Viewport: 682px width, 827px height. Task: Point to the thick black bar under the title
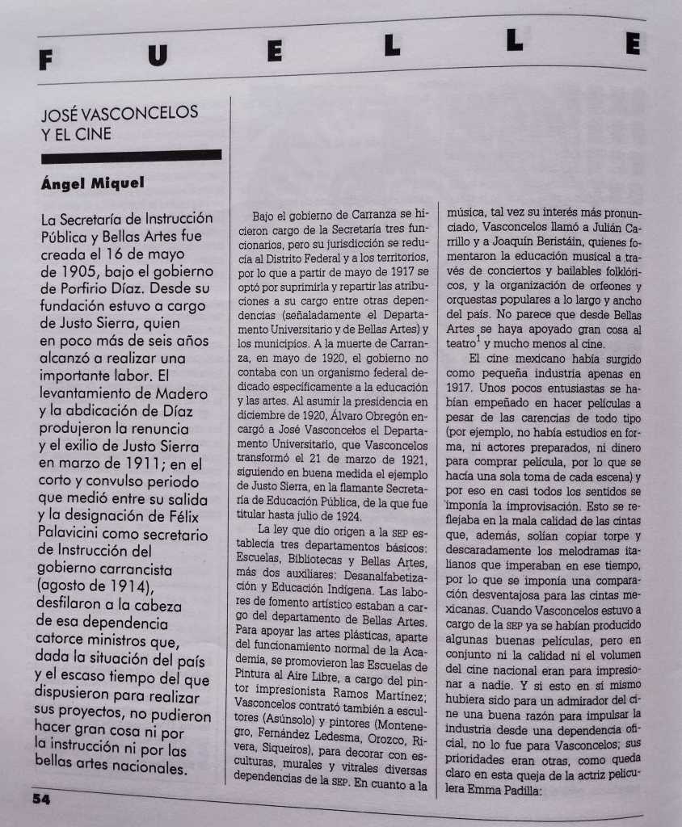(x=129, y=155)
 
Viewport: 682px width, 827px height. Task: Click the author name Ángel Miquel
(x=92, y=183)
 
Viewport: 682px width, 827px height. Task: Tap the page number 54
(x=41, y=799)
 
